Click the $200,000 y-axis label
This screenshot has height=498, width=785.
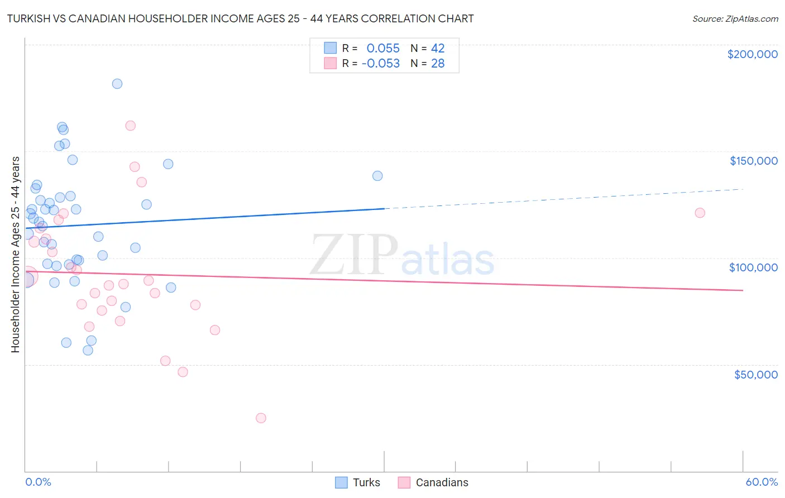[752, 54]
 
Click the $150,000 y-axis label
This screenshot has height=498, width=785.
[753, 161]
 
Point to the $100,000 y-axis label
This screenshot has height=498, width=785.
[753, 267]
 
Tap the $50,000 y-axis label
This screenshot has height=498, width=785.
[755, 374]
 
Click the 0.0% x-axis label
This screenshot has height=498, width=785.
[38, 482]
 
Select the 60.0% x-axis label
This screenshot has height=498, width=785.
[762, 482]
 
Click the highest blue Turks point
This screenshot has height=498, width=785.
[117, 84]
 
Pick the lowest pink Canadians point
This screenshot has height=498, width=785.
[261, 418]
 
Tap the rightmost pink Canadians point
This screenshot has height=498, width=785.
[700, 213]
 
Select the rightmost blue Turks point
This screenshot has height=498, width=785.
[377, 176]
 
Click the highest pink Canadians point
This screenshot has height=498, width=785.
[131, 126]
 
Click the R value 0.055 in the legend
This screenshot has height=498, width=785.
[383, 49]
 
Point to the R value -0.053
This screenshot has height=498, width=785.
[381, 64]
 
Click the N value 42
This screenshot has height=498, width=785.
[438, 49]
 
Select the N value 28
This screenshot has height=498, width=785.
[438, 64]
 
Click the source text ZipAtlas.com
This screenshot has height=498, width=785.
[752, 19]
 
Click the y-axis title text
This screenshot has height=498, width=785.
[15, 254]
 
